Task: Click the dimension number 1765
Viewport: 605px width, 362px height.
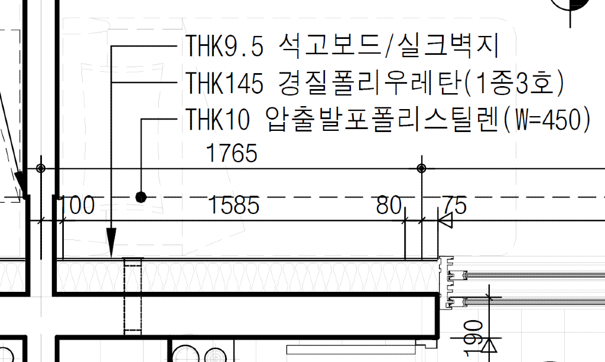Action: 232,153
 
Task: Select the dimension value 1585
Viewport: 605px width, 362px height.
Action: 234,205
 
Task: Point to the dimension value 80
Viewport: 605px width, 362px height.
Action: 389,205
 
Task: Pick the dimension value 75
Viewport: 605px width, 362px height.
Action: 455,205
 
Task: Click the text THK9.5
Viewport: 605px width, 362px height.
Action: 225,45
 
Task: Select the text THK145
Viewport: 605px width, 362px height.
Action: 225,83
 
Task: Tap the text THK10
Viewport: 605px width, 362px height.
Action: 217,119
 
